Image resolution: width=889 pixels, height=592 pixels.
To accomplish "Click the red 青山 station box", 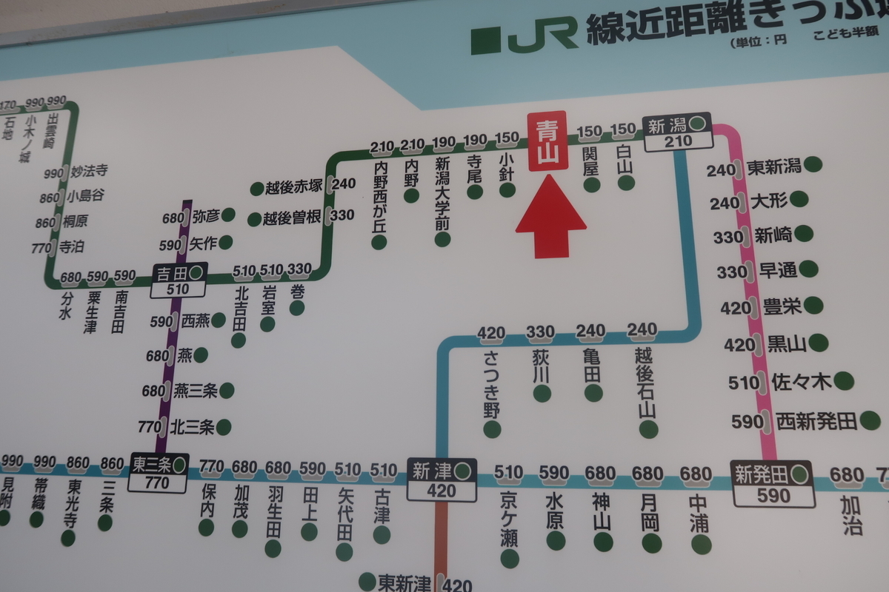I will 547,141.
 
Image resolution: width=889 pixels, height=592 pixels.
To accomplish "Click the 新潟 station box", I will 677,132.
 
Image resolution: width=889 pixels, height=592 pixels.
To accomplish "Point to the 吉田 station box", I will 179,280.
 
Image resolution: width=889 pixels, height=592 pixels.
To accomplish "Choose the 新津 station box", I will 442,480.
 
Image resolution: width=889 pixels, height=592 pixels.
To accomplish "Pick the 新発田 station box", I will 771,483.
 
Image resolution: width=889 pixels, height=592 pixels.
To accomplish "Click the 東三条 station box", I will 159,473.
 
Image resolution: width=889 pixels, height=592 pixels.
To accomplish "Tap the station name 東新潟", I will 774,166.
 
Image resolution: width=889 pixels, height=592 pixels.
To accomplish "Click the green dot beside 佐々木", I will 843,381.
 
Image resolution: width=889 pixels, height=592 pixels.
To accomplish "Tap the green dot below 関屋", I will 591,184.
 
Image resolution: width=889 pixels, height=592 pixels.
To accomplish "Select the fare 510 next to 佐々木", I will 743,383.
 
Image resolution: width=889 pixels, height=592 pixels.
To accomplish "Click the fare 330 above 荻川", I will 541,332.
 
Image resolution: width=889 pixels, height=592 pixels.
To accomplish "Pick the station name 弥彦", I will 204,217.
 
